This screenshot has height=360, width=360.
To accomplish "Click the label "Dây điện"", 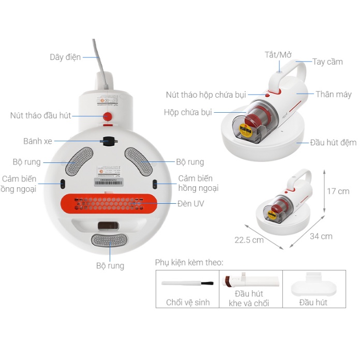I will pos(65,57).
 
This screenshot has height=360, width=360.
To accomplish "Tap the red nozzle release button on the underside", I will pos(108,116).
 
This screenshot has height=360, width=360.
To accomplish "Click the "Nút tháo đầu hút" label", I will pos(40,115).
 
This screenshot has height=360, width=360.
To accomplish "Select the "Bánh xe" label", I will pos(38,141).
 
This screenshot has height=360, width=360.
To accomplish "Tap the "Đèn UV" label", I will pos(191,203).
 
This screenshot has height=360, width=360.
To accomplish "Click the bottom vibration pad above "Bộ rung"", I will pos(109,240).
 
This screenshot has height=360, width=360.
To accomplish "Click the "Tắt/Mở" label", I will pos(279,55).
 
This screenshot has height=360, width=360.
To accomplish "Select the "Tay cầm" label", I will pos(327,62).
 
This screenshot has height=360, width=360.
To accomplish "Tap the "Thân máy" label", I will pos(334,94).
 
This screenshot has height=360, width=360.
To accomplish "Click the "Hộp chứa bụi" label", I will pos(188,112).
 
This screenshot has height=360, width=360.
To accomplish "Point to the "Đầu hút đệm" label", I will pos(333,142).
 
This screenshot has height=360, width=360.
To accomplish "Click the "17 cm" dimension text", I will pos(338,191).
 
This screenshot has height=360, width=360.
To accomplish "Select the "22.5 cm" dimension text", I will pos(249,239).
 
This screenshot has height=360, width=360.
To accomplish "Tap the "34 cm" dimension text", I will pos(321,236).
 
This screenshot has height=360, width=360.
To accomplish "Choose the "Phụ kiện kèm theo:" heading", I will pos(189,263).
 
